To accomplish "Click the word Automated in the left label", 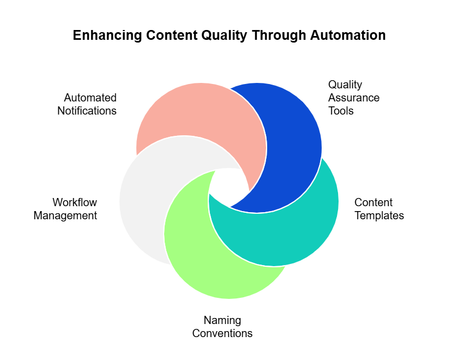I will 90,98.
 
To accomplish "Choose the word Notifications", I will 87,111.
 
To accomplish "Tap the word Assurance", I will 354,98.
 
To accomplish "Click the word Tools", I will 341,111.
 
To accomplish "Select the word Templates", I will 379,215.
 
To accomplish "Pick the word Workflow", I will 75,202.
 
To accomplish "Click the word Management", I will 65,215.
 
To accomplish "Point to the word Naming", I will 222,320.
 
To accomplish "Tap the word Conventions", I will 222,333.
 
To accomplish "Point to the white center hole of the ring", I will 228,185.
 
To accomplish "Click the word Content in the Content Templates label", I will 373,202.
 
